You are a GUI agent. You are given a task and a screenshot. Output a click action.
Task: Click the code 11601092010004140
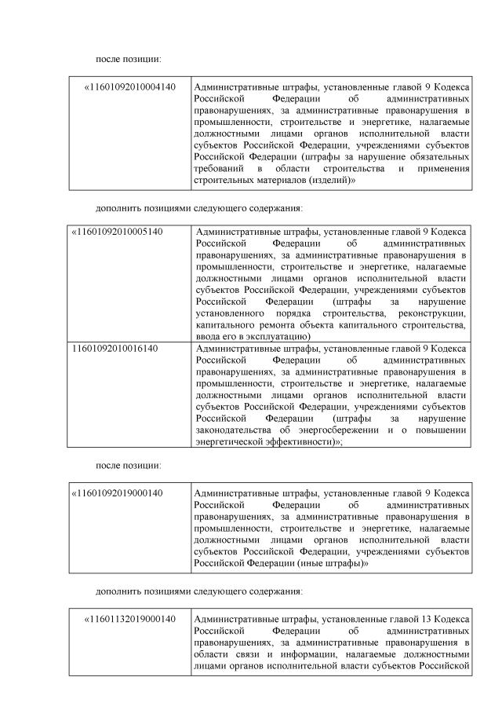pos(132,86)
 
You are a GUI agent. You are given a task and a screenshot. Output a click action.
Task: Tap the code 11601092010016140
pos(115,348)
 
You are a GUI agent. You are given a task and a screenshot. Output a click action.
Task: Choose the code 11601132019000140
pos(132,619)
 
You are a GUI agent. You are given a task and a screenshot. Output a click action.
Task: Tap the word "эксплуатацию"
pos(275,336)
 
